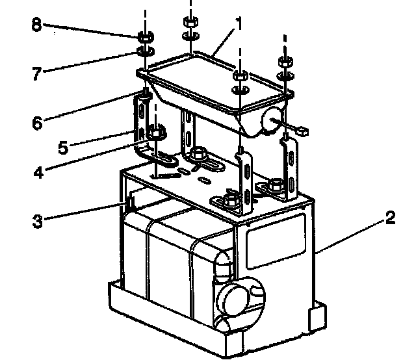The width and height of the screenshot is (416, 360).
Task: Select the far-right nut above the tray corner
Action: (284, 62)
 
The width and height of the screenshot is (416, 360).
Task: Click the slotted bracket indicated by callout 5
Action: (140, 123)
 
